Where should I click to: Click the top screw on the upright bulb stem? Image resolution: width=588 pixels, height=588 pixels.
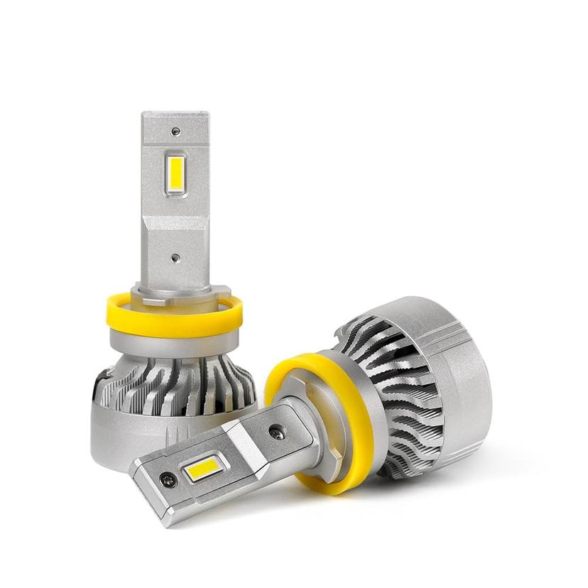175,131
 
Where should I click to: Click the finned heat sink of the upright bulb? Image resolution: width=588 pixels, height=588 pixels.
178,383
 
